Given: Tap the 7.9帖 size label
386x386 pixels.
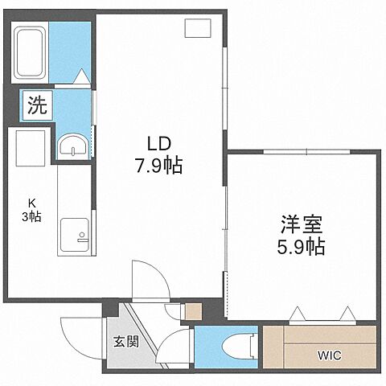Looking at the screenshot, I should pos(157,166).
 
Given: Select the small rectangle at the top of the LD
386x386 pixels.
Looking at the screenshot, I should pos(196,28).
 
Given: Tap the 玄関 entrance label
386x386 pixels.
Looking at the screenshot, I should pos(125,341).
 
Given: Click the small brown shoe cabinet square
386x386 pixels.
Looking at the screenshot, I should pos(192,310).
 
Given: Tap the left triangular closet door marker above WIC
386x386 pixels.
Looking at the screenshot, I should pos(299,314).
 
